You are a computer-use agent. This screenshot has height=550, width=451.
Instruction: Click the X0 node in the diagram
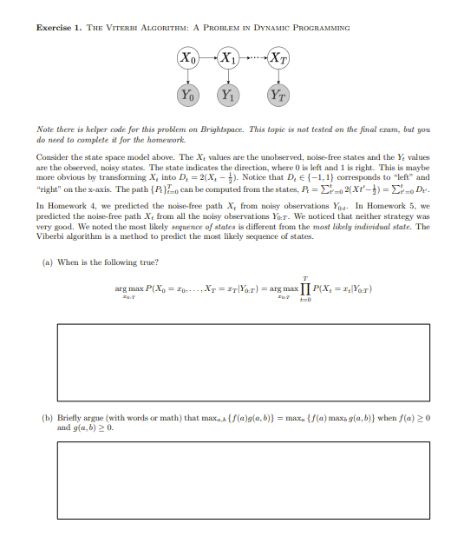click(x=187, y=58)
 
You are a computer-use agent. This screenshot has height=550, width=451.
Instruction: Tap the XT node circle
click(x=278, y=58)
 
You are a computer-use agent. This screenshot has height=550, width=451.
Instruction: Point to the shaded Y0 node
click(x=187, y=93)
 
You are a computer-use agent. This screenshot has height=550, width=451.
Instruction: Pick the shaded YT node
click(x=278, y=93)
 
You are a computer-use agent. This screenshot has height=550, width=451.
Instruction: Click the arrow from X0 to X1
click(x=207, y=58)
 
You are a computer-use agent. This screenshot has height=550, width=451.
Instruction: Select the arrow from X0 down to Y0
click(x=187, y=76)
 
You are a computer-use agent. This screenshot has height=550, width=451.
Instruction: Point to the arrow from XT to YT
click(x=278, y=76)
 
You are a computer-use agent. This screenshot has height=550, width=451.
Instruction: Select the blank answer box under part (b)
click(x=230, y=480)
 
